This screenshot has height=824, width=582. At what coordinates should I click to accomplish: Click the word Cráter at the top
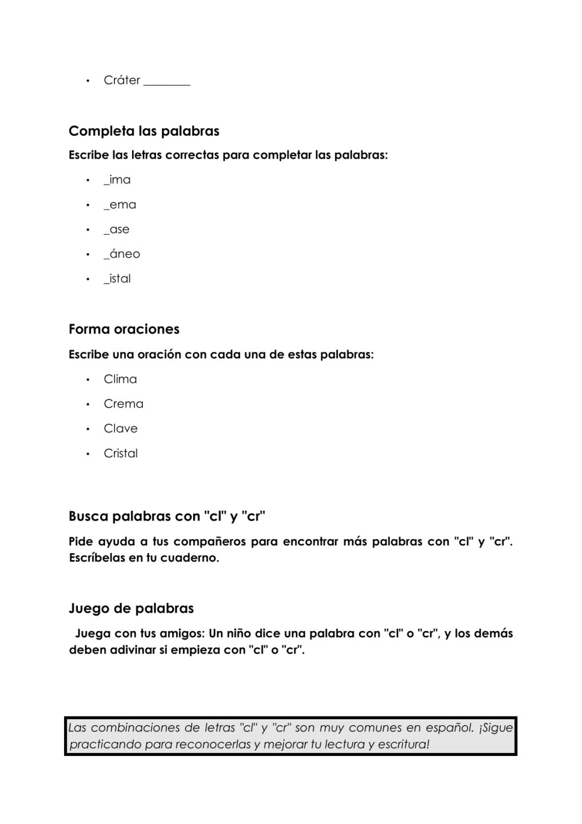pyautogui.click(x=122, y=80)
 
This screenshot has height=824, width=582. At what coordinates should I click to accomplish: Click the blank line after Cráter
pyautogui.click(x=166, y=83)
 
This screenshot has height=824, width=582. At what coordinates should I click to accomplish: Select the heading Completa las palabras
pyautogui.click(x=144, y=131)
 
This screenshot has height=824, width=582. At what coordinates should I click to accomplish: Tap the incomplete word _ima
pyautogui.click(x=117, y=180)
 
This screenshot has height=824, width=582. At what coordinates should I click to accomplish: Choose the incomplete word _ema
pyautogui.click(x=120, y=204)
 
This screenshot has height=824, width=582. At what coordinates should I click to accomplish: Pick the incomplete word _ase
pyautogui.click(x=117, y=229)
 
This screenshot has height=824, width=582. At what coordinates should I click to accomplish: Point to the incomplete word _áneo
pyautogui.click(x=122, y=254)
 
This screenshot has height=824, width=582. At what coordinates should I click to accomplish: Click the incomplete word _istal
pyautogui.click(x=117, y=279)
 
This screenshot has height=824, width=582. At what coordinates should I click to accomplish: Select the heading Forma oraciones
pyautogui.click(x=124, y=329)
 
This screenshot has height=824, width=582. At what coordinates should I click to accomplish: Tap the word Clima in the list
pyautogui.click(x=120, y=379)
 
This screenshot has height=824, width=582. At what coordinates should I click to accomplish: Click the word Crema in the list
pyautogui.click(x=123, y=404)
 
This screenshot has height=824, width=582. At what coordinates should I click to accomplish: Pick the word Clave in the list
pyautogui.click(x=121, y=429)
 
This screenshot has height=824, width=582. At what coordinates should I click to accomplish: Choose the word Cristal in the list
pyautogui.click(x=121, y=453)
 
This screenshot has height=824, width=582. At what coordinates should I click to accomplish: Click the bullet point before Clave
pyautogui.click(x=88, y=429)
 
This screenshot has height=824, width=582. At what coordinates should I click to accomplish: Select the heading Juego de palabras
pyautogui.click(x=131, y=608)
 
